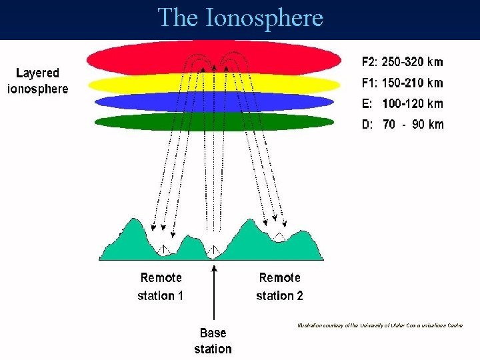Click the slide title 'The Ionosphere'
(x=240, y=18)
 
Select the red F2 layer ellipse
(x=133, y=58)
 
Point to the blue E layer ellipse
(x=133, y=102)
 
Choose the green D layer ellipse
(x=133, y=122)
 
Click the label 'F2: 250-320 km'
(x=402, y=62)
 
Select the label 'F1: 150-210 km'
(x=402, y=83)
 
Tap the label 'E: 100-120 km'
(x=402, y=104)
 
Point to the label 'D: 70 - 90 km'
(x=402, y=124)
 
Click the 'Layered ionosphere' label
(x=38, y=81)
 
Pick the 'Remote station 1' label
(x=161, y=286)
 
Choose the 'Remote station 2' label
(x=279, y=286)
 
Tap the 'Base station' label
(x=213, y=341)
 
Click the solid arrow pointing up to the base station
(x=213, y=293)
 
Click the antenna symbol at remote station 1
(x=163, y=248)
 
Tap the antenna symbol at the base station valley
(x=213, y=251)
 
